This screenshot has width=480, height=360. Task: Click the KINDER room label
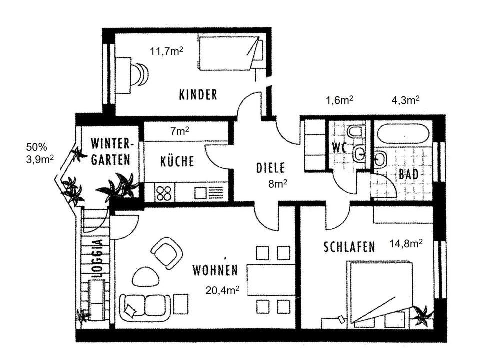(198, 95)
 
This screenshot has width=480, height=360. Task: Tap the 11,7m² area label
(166, 51)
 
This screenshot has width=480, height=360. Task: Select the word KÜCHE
(177, 161)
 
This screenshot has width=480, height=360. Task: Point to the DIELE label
(270, 168)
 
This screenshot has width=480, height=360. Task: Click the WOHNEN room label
(215, 270)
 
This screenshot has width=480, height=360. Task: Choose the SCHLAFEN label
(349, 247)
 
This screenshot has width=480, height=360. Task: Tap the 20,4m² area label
(222, 290)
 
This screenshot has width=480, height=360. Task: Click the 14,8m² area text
(406, 243)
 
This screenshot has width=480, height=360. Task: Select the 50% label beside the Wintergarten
(36, 147)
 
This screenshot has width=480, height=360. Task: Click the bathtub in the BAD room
(404, 134)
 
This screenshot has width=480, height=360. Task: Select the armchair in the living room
(167, 253)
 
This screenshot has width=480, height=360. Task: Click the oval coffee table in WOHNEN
(145, 276)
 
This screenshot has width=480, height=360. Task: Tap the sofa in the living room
(145, 307)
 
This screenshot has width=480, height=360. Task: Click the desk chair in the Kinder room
(139, 75)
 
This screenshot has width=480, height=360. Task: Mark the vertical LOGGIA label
(97, 258)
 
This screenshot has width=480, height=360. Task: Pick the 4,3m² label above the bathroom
(406, 100)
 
